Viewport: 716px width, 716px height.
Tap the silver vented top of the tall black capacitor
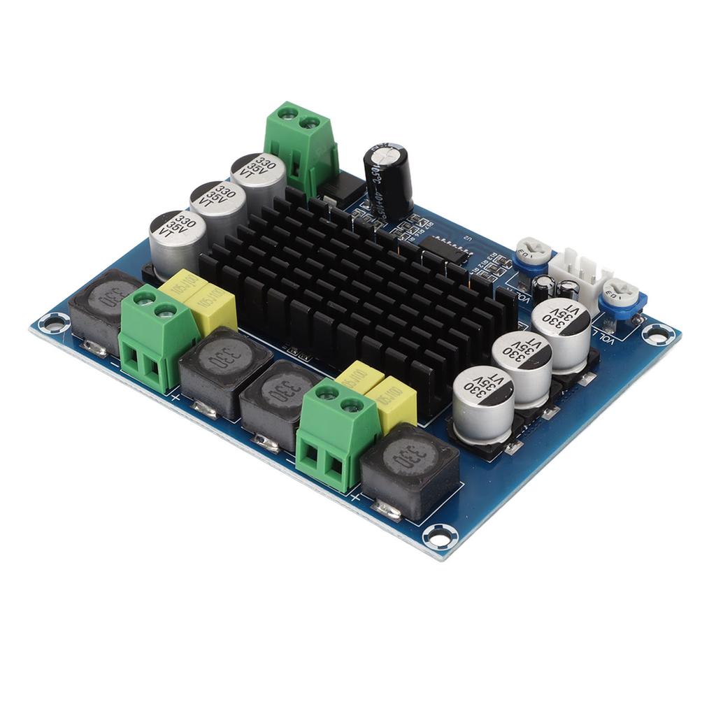point(386,150)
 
